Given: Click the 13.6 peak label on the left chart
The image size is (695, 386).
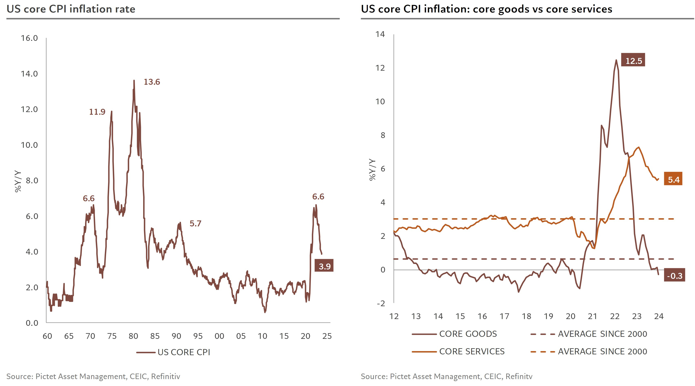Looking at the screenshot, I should click(x=152, y=82).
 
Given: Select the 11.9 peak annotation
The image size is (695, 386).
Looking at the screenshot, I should click(x=97, y=112).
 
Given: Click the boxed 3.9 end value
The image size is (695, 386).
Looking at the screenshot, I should click(x=324, y=266).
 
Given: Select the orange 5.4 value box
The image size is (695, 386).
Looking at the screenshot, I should click(x=673, y=180).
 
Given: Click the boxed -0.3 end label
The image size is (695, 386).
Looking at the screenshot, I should click(x=674, y=276).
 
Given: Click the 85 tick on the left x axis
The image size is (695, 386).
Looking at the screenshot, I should click(x=155, y=336).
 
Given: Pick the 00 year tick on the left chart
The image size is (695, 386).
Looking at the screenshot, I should click(x=219, y=336).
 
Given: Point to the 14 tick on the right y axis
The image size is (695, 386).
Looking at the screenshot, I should click(x=380, y=34).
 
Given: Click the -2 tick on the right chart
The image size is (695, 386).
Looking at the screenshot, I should click(x=381, y=303).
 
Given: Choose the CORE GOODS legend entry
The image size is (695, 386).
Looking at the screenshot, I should click(x=468, y=334).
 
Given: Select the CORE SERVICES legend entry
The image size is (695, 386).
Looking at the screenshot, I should click(x=472, y=352).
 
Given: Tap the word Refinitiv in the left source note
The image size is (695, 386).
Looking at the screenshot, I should click(x=165, y=376).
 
